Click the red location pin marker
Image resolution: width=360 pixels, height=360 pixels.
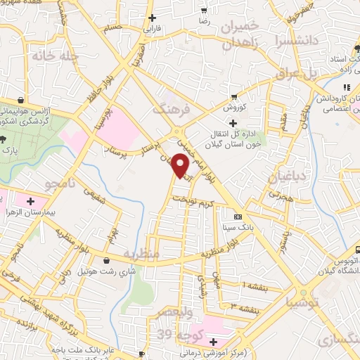click(181, 166)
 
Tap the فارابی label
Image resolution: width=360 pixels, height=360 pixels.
click(153, 30)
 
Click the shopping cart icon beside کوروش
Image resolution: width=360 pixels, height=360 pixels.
click(234, 97)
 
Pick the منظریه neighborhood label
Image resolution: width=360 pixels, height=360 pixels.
click(142, 252)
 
